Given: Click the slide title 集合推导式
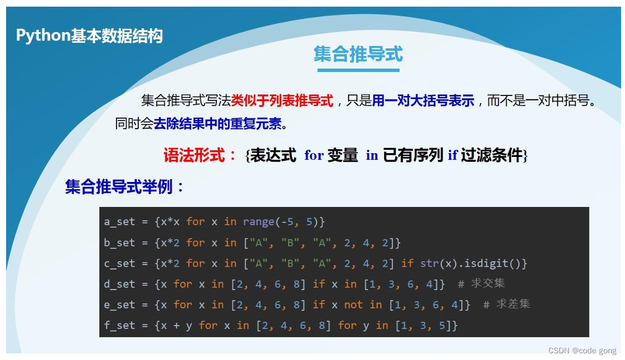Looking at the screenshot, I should (x=358, y=54).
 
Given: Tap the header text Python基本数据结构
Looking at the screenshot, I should (x=89, y=36).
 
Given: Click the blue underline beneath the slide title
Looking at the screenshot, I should (x=358, y=70).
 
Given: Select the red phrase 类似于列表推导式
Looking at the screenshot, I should (x=282, y=100).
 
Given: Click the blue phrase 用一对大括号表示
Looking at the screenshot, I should (x=423, y=100).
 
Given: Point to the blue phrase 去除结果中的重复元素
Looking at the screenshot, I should (x=218, y=123).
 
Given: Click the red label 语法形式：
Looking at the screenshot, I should (x=201, y=155).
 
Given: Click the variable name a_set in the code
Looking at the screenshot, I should (x=119, y=222).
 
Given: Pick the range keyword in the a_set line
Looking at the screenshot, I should (x=258, y=222).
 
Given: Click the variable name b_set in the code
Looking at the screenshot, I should (x=119, y=242).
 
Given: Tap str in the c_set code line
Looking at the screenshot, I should (x=429, y=263).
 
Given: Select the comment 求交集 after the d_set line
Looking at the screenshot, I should (x=488, y=283).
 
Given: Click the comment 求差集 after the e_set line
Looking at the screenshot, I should (x=513, y=305).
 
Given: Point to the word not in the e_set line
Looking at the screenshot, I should (x=353, y=305).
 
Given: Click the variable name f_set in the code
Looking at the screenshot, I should (x=119, y=325).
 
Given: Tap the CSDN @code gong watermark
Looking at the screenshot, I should (x=582, y=351).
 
